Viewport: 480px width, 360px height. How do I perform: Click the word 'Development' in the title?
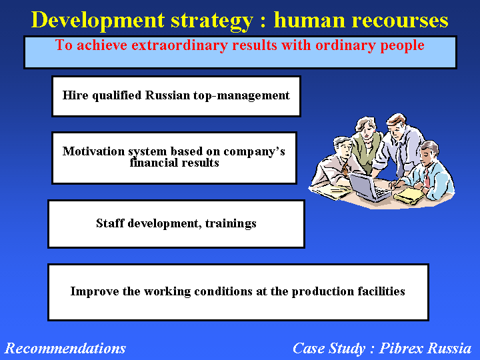click(x=98, y=21)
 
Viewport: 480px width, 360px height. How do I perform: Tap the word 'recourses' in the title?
click(x=400, y=20)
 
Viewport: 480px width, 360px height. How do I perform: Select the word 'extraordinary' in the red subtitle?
click(x=179, y=45)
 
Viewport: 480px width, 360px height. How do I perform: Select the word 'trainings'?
click(x=231, y=223)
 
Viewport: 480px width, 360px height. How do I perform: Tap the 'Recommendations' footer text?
click(x=65, y=349)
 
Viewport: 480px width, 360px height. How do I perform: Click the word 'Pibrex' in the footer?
click(x=401, y=348)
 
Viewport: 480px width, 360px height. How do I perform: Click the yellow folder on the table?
click(x=409, y=196)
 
